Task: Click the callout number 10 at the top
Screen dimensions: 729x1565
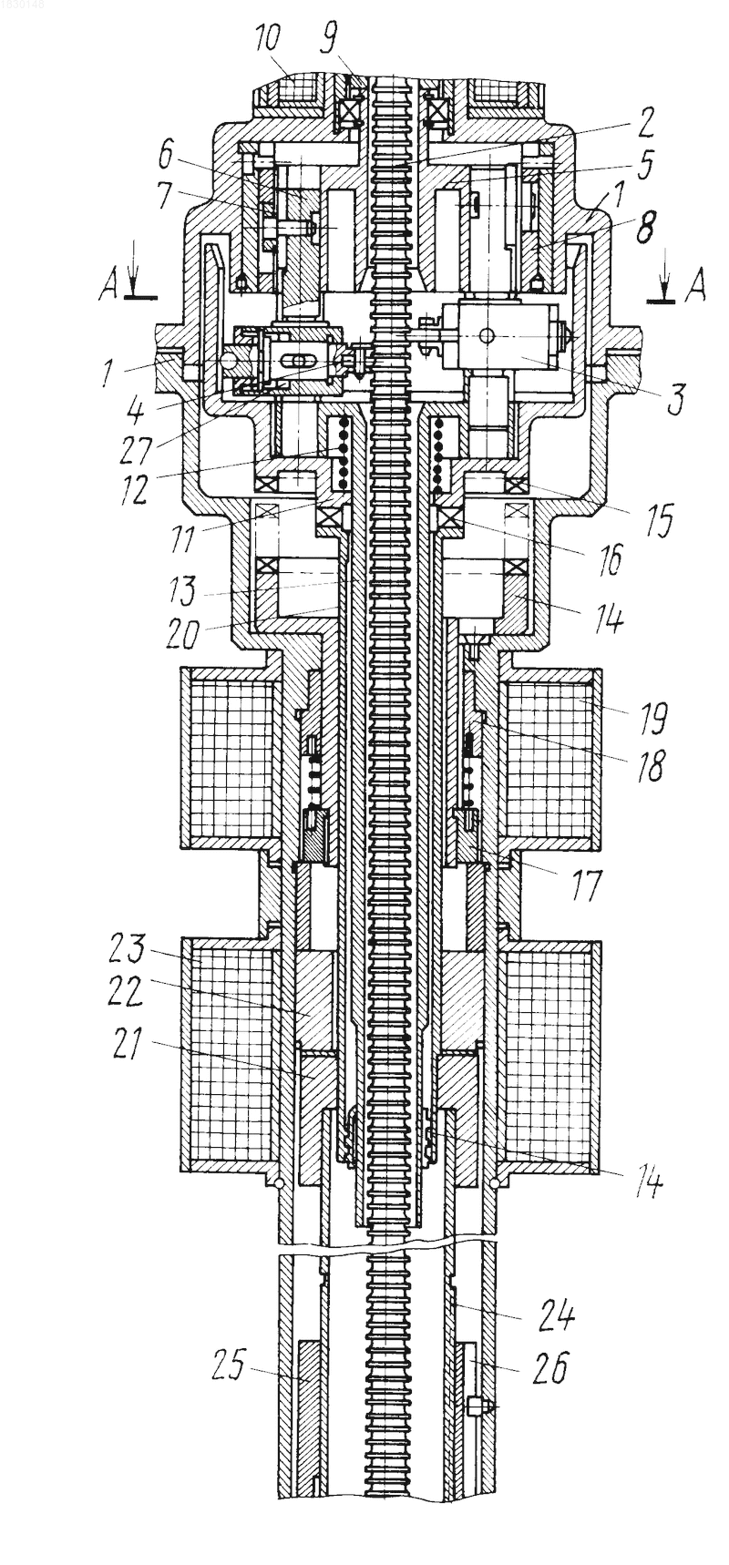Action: (270, 41)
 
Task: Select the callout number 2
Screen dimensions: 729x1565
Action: (646, 120)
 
